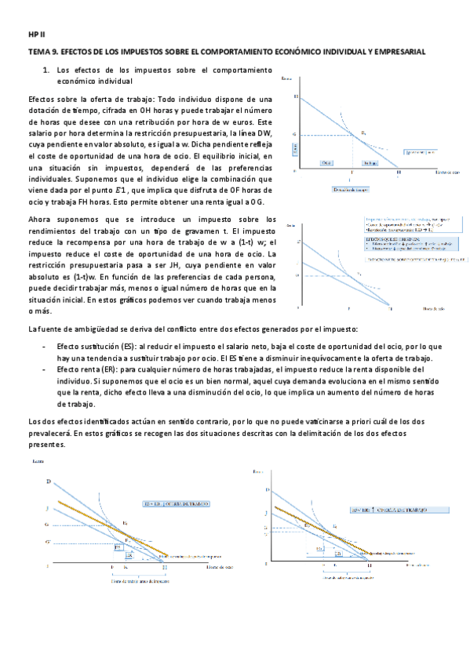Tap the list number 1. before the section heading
point(46,71)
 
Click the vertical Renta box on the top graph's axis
point(295,147)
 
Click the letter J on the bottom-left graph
point(48,509)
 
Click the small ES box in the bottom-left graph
point(130,554)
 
